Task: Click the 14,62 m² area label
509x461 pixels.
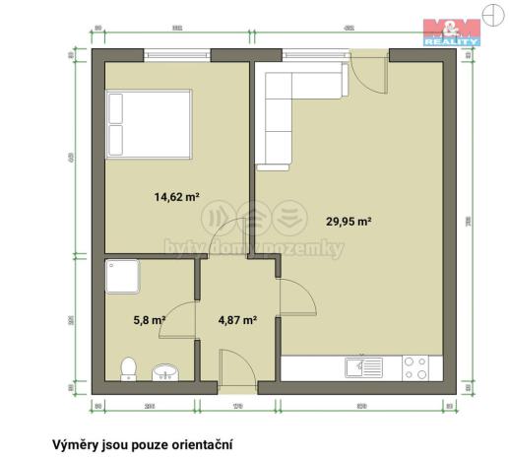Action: (176, 196)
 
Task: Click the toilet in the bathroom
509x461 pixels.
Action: (127, 368)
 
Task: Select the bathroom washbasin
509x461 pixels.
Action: (164, 371)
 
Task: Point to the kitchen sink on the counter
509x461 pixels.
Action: (363, 369)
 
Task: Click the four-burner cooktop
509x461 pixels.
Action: (414, 368)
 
